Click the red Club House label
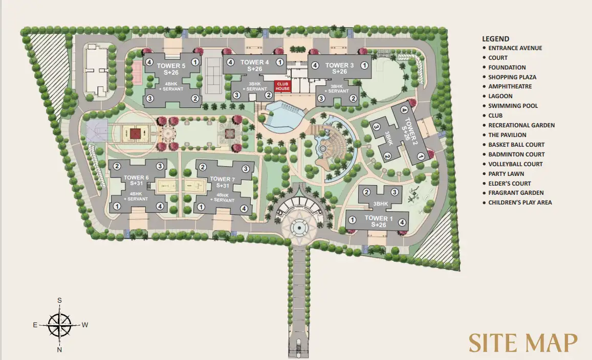point(282,86)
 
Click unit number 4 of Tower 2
point(404,109)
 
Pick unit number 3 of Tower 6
point(160,166)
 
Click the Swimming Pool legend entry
point(513,106)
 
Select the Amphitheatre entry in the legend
point(510,86)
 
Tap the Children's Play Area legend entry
point(520,202)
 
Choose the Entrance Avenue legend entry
point(515,48)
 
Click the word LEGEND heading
point(495,39)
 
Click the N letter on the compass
point(60,350)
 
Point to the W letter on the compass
point(84,325)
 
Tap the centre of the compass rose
point(60,325)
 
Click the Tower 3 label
point(339,65)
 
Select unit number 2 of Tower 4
point(269,95)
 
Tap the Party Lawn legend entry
point(506,174)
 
